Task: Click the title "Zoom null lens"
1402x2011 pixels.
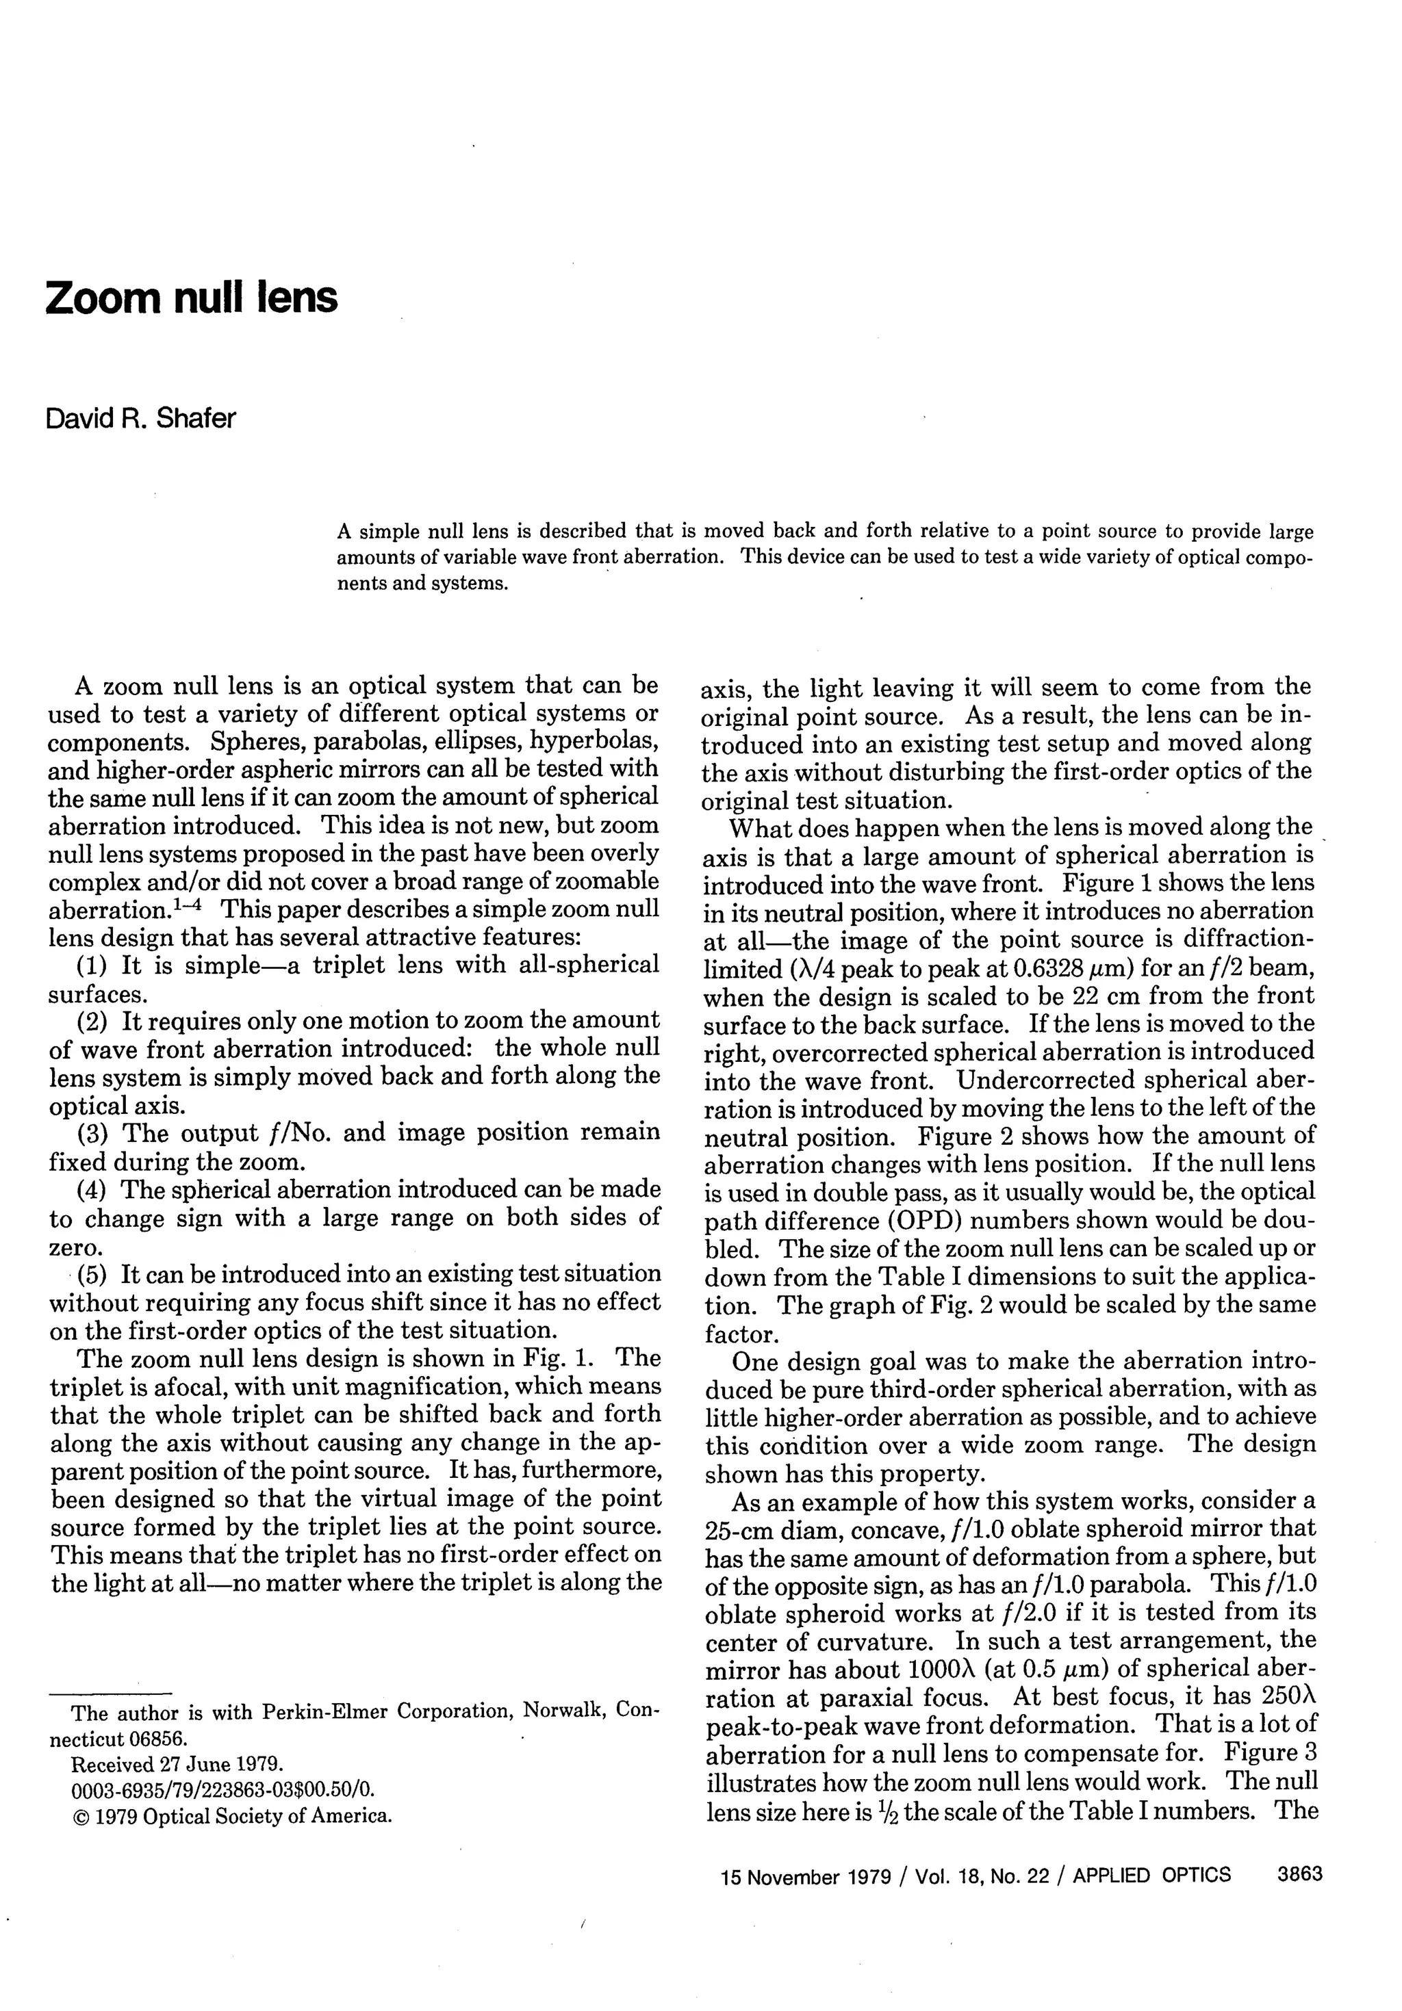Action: (190, 298)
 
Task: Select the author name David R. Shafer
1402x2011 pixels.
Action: (140, 419)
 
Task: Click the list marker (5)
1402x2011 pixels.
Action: (94, 1274)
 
